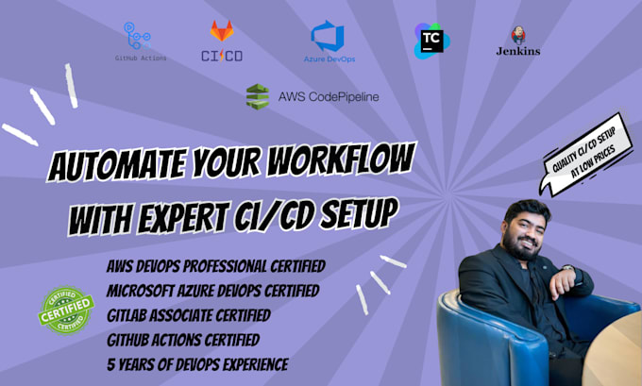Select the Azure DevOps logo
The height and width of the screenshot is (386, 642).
327,38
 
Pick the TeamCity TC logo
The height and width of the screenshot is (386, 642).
429,40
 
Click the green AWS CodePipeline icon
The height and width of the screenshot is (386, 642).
257,96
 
